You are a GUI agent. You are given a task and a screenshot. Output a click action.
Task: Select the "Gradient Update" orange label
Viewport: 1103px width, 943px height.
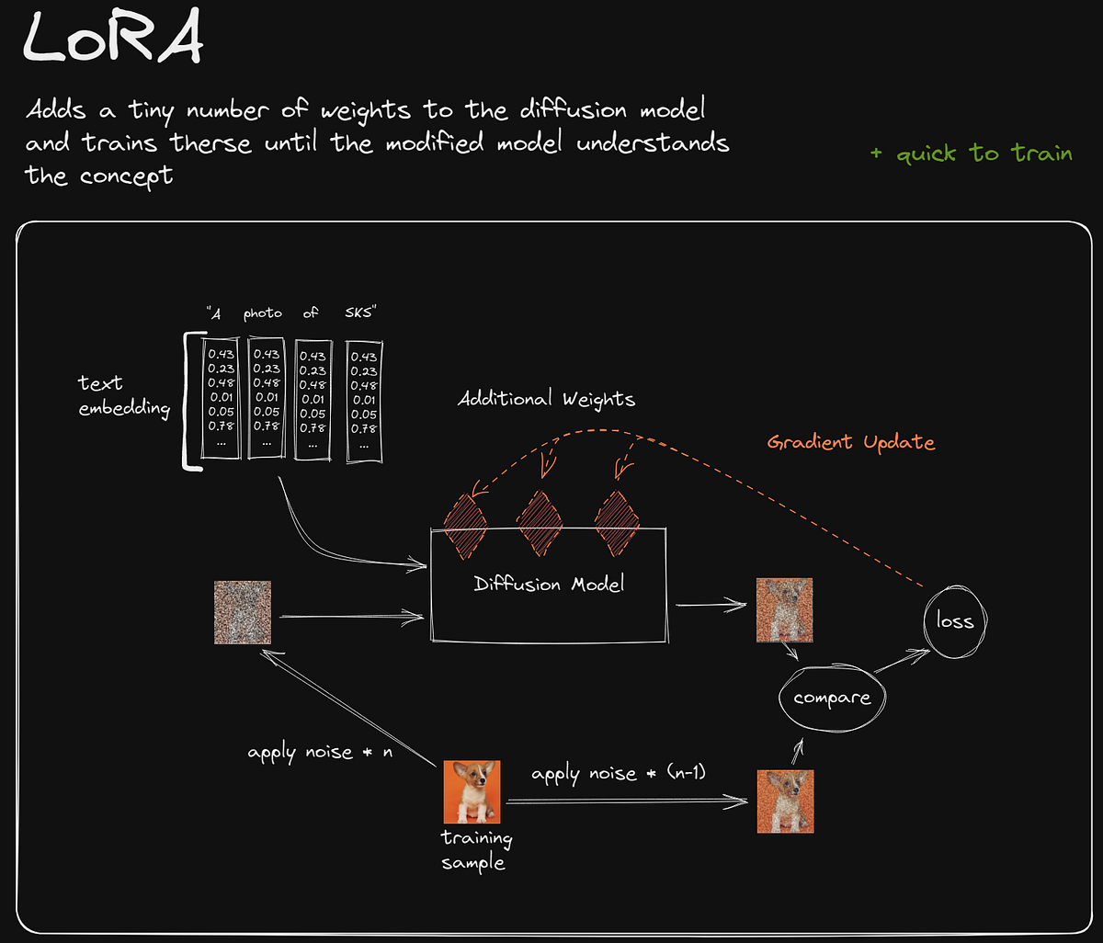[x=850, y=442]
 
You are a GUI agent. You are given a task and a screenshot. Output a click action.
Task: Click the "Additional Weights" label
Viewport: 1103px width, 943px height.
[x=547, y=399]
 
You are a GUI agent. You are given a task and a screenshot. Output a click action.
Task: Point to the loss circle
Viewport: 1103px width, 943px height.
[x=954, y=621]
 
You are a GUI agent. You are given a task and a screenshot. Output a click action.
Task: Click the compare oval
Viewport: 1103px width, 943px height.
[x=831, y=698]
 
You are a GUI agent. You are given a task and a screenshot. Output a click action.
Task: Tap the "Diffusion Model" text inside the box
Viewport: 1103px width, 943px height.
[x=549, y=584]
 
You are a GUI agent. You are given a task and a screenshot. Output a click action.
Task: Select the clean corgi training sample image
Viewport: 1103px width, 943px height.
[x=472, y=791]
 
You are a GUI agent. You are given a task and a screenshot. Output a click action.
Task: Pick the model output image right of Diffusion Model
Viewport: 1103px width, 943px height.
[x=784, y=609]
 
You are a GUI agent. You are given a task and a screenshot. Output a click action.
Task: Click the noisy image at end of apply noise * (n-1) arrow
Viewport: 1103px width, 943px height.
[x=785, y=801]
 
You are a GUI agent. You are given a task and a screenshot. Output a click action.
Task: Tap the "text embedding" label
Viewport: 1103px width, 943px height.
[x=124, y=395]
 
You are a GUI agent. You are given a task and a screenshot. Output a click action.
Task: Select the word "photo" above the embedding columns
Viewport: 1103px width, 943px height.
[x=263, y=313]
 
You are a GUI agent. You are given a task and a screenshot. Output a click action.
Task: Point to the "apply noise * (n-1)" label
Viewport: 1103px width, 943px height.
[x=618, y=773]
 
